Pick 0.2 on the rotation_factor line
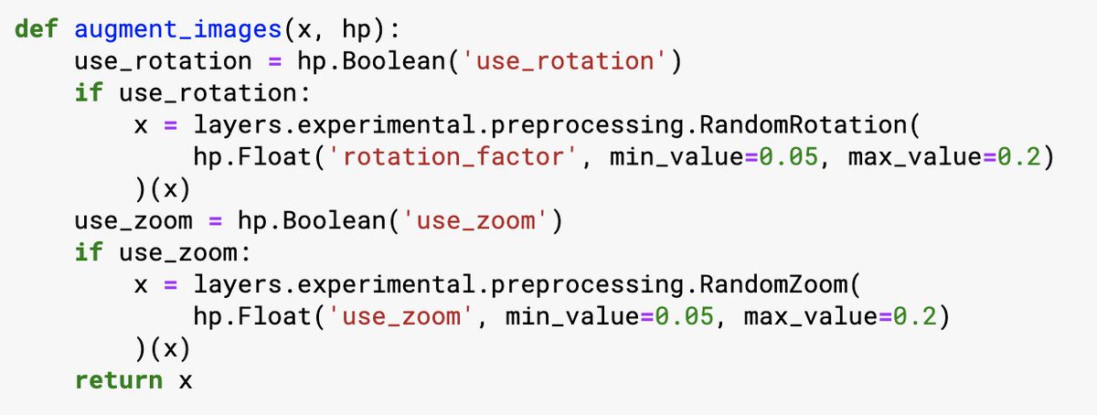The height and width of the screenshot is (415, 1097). coord(1024,157)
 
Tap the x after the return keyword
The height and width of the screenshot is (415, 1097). coord(186,379)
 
